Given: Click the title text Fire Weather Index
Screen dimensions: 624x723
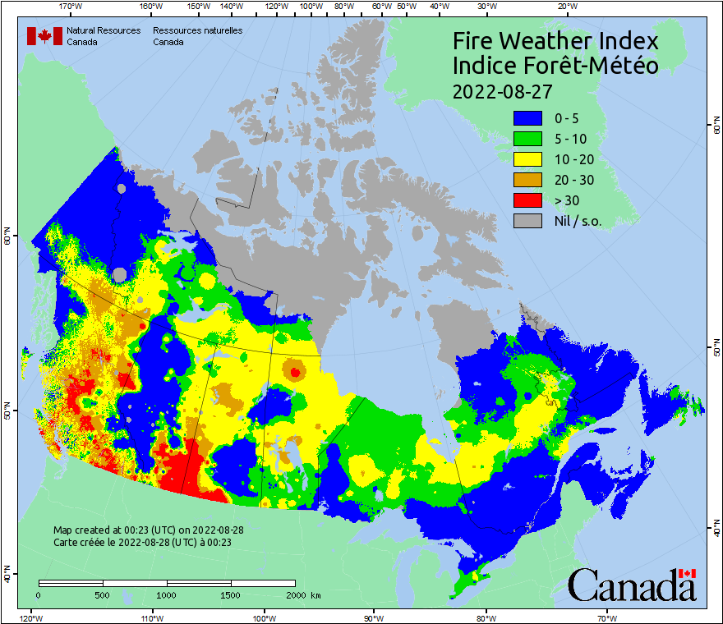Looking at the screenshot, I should point(555,41).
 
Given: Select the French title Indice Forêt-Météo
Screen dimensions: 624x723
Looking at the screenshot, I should point(555,66).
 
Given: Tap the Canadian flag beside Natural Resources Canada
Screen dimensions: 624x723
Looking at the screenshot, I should point(44,35).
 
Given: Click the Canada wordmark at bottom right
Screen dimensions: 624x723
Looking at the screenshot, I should point(632,585).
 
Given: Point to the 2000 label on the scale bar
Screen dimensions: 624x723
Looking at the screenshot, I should point(293,594).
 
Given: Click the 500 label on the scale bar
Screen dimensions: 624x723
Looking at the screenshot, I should point(102,594).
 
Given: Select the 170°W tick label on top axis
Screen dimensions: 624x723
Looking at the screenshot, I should point(71,7).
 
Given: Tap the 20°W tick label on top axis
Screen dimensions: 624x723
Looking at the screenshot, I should point(565,7).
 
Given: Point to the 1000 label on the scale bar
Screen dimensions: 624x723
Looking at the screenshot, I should point(166,594).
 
